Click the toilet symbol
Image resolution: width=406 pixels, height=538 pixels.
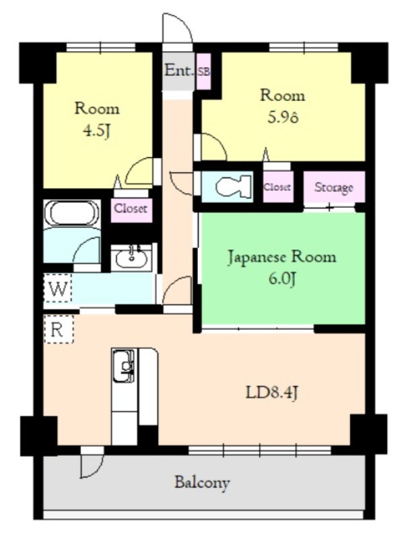(234, 187)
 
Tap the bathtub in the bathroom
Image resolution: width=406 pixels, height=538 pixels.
(72, 213)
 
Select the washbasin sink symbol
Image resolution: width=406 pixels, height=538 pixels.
(131, 258)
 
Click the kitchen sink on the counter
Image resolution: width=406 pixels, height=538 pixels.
(123, 366)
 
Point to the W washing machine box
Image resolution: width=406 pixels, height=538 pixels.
(58, 289)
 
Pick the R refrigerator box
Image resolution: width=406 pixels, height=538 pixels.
(59, 330)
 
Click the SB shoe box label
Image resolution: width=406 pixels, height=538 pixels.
(204, 72)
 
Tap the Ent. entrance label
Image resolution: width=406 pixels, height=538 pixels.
(178, 71)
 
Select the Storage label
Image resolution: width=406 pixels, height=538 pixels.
(333, 188)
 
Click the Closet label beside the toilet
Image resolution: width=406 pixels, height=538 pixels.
(277, 187)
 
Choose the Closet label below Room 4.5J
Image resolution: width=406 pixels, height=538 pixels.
(131, 208)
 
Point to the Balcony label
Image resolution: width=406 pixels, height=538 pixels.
(202, 483)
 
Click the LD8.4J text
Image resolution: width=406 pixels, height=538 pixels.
(271, 393)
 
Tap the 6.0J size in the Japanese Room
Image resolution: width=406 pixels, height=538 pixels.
(282, 279)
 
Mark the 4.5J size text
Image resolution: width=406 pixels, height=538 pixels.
(97, 130)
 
